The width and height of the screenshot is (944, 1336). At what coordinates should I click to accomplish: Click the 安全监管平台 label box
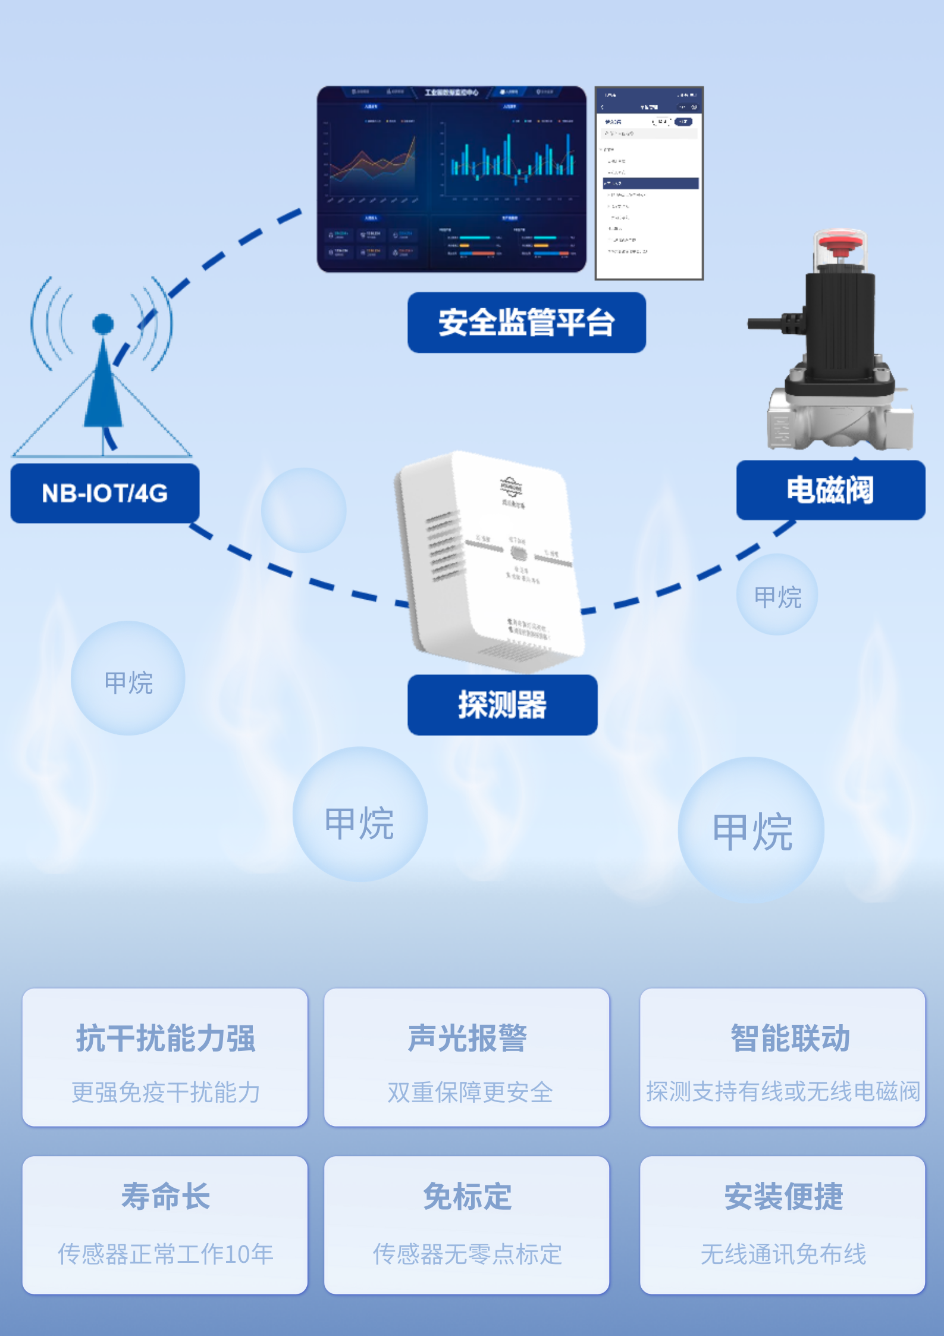click(526, 323)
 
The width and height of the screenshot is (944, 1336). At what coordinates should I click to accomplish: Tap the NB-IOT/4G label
click(105, 493)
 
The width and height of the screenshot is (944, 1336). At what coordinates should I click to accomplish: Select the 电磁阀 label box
click(830, 490)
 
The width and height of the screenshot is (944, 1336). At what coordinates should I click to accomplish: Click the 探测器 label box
click(502, 705)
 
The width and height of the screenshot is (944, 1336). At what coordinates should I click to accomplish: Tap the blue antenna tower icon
click(104, 375)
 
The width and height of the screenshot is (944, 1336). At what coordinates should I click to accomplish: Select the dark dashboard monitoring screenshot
click(451, 179)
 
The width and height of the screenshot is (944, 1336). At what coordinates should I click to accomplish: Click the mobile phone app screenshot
click(649, 183)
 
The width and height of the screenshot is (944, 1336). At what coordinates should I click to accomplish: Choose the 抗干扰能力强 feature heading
click(165, 1038)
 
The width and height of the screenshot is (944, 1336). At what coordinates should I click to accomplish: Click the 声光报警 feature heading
click(467, 1038)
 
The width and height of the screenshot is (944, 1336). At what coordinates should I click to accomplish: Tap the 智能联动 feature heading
click(790, 1038)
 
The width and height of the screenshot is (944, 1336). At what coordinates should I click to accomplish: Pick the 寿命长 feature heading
click(165, 1196)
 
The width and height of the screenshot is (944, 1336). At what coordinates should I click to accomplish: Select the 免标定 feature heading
click(467, 1196)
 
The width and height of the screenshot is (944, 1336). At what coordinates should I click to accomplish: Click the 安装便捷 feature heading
click(783, 1196)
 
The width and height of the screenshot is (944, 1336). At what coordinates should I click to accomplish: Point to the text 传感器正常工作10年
click(165, 1254)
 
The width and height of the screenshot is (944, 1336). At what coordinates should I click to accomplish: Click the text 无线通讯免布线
click(783, 1254)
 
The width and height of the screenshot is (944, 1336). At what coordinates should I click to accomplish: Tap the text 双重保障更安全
click(470, 1092)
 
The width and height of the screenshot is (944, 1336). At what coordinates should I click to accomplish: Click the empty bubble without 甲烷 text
click(303, 510)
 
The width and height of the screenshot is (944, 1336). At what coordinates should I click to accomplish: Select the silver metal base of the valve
click(839, 420)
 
